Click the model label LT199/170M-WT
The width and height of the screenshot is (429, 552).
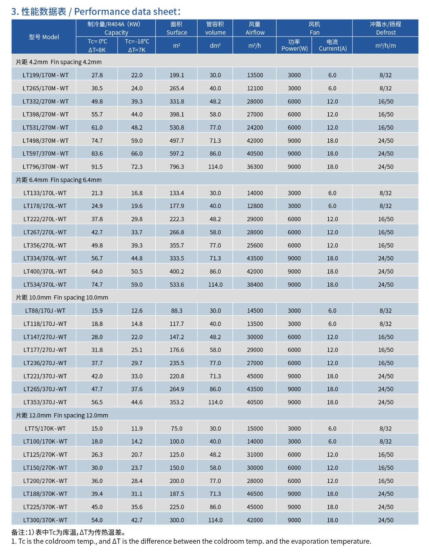(46, 75)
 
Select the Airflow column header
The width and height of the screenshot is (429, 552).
(255, 28)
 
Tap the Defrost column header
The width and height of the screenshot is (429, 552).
(386, 28)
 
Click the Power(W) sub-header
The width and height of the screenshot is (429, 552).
(294, 45)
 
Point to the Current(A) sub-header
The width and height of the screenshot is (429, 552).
(332, 45)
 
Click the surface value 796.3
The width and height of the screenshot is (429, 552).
(177, 167)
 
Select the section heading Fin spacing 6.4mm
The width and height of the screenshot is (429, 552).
(59, 180)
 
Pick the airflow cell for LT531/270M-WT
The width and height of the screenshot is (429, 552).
(255, 128)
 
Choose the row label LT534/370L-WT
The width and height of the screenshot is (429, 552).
(45, 285)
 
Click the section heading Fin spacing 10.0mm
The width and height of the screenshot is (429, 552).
(62, 297)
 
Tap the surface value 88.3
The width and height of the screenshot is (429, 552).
(177, 311)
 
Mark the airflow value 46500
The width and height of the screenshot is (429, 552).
(255, 494)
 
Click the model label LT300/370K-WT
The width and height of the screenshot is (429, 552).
(45, 520)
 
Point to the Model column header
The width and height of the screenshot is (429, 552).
(44, 37)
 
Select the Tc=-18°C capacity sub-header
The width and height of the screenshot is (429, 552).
(137, 46)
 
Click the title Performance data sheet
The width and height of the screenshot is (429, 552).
(96, 12)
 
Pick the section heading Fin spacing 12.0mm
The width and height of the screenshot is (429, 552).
(62, 415)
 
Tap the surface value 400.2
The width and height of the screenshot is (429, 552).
(177, 272)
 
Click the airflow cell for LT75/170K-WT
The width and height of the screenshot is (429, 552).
(255, 428)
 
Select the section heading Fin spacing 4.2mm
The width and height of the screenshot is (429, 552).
(59, 62)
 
